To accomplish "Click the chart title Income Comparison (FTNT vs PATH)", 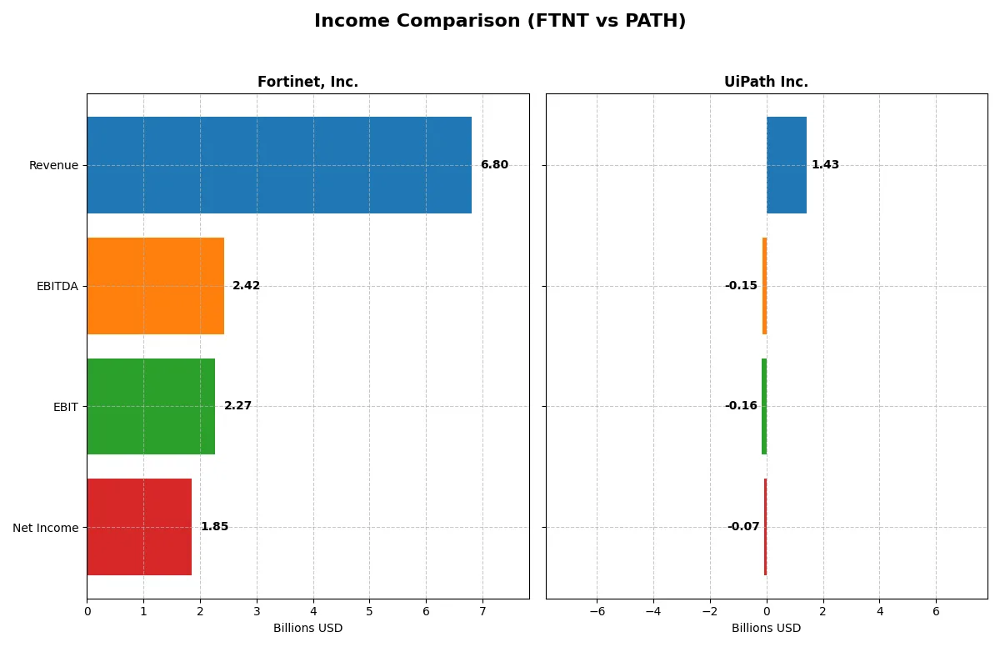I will click(500, 22).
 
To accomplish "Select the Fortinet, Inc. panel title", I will click(307, 83).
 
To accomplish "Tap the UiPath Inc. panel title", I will click(766, 83).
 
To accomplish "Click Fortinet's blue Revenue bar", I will click(279, 165).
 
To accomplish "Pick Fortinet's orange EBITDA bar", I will click(155, 286).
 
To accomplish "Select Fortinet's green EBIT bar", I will click(151, 406).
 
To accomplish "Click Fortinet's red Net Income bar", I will click(139, 527).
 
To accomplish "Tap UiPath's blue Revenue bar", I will click(787, 165).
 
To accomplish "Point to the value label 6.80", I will click(494, 165).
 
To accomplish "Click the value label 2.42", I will click(246, 286).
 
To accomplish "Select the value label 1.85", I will click(214, 527).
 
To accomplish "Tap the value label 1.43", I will click(825, 165).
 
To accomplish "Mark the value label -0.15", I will click(741, 286).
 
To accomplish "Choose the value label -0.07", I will click(743, 527).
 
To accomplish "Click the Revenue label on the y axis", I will click(53, 165).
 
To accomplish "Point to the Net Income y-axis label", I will click(46, 528).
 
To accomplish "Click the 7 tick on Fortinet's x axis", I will click(482, 611).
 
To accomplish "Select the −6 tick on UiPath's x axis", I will click(597, 611).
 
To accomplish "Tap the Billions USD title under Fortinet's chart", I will click(307, 629).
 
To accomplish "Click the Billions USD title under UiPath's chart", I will click(766, 629).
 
